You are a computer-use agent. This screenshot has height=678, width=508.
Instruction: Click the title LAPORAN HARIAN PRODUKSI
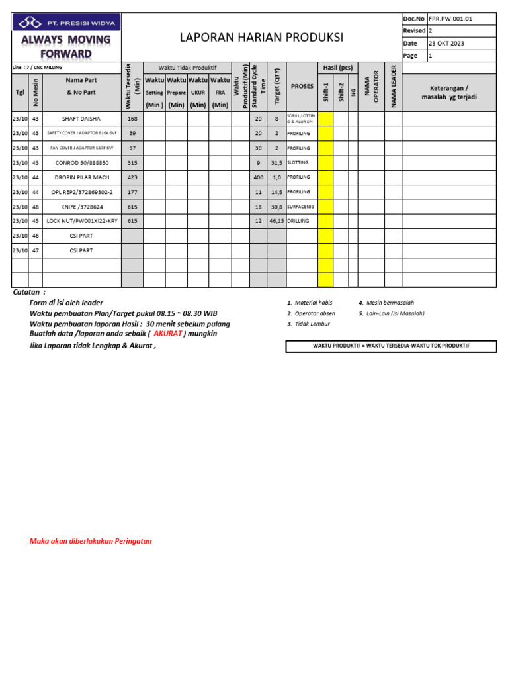click(x=261, y=38)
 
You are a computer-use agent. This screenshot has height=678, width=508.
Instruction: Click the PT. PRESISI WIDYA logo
click(x=67, y=23)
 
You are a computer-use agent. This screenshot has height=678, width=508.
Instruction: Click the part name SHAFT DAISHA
click(x=81, y=119)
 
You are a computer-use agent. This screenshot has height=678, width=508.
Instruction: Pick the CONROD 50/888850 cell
click(x=81, y=162)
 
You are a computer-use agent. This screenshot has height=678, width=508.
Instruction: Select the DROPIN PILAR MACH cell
click(x=81, y=177)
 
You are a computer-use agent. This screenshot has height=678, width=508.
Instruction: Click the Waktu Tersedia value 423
click(x=132, y=177)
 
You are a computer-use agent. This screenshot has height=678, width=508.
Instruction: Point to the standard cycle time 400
click(x=258, y=177)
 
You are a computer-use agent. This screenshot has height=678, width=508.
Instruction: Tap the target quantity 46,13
click(x=276, y=221)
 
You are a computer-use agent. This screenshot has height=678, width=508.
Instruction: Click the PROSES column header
click(x=302, y=87)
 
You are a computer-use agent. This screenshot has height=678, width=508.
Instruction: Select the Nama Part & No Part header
click(x=81, y=87)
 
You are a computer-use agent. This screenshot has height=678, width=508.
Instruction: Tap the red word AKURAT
click(x=167, y=334)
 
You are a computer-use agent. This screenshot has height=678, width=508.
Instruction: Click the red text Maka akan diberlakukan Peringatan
click(x=91, y=541)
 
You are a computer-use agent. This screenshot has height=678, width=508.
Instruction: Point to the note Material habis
click(x=314, y=303)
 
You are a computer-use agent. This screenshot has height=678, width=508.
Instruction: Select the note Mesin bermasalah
click(x=390, y=303)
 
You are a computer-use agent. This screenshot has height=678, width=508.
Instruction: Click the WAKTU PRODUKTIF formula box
click(x=391, y=346)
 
